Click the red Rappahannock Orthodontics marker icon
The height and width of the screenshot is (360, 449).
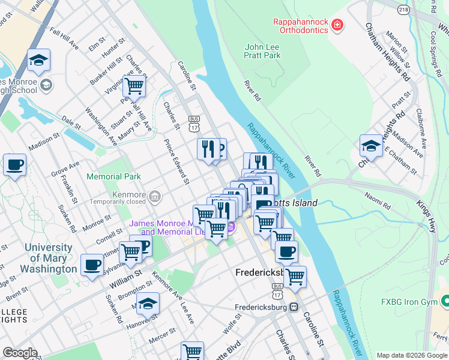(x=338, y=25)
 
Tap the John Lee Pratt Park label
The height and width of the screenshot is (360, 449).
(x=263, y=51)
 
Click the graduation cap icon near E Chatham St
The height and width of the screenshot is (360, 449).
(x=371, y=146)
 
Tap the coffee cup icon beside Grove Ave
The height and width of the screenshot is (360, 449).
(x=14, y=164)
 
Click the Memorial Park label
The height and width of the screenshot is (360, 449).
(x=113, y=176)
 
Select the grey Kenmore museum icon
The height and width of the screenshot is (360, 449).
(x=154, y=196)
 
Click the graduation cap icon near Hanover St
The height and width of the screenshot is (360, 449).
(x=148, y=304)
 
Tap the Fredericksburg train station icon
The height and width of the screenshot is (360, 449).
(x=294, y=307)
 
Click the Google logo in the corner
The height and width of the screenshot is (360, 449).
(x=19, y=353)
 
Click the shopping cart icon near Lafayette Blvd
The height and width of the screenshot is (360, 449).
(x=192, y=352)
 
